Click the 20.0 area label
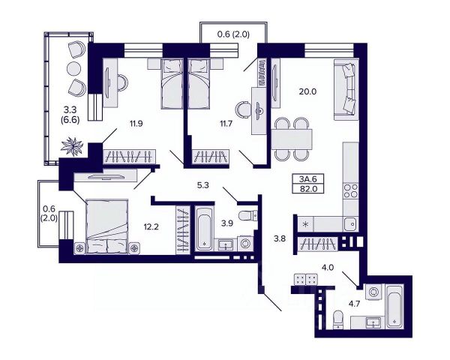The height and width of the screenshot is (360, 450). tap(307, 91)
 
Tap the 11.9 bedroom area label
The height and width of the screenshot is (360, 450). tap(136, 124)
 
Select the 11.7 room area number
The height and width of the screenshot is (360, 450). tap(226, 124)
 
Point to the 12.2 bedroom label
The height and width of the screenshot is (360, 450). tap(151, 227)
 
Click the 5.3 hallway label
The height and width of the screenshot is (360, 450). tap(203, 185)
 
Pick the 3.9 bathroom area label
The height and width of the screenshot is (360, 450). tap(227, 223)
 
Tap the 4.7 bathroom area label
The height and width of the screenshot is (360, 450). tap(354, 304)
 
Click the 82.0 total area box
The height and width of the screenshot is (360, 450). tap(308, 188)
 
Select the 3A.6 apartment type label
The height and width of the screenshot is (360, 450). tap(308, 179)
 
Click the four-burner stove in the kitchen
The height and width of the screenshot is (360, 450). tap(351, 191)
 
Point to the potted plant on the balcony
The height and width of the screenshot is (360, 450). tap(72, 146)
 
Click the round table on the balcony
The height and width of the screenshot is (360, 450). tap(74, 68)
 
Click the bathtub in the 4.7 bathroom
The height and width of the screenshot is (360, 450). tap(395, 306)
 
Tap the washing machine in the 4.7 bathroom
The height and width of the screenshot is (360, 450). tap(373, 292)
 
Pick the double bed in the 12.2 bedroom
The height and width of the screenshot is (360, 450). tap(107, 226)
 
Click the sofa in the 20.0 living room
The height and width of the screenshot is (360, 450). tap(346, 89)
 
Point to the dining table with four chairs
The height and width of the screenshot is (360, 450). tap(292, 139)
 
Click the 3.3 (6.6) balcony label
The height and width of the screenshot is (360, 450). tap(70, 115)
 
